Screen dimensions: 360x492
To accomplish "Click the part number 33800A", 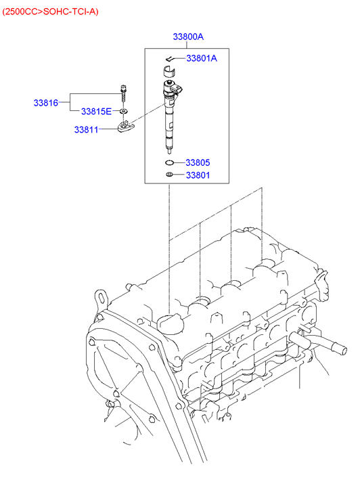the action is point(188,37).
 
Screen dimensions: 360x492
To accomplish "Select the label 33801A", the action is point(202,58).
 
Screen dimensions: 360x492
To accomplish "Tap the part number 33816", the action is point(46,103).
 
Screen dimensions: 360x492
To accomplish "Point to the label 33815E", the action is point(96,112).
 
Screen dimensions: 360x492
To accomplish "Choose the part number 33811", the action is point(87,129).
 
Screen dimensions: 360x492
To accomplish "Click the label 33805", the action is point(198,162).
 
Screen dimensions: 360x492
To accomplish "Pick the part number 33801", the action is point(198,175).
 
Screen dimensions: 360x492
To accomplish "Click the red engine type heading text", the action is point(50,12).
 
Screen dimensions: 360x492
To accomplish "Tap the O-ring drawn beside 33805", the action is point(169,162).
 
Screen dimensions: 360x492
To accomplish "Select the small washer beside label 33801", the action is point(169,175).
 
